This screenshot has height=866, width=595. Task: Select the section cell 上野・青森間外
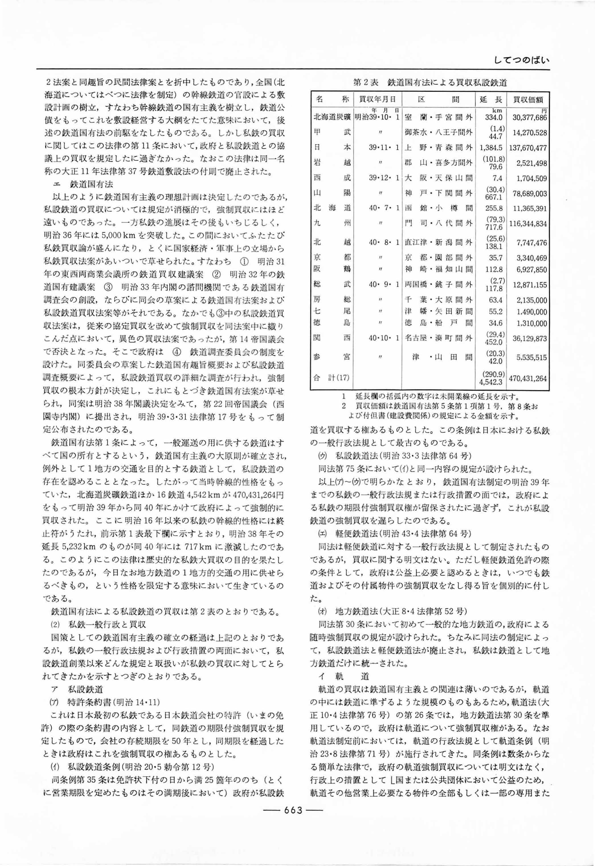coord(439,147)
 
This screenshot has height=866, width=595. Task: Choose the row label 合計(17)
coord(332,378)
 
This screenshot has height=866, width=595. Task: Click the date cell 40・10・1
coord(384,338)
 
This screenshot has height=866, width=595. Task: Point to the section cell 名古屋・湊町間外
coord(439,338)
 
